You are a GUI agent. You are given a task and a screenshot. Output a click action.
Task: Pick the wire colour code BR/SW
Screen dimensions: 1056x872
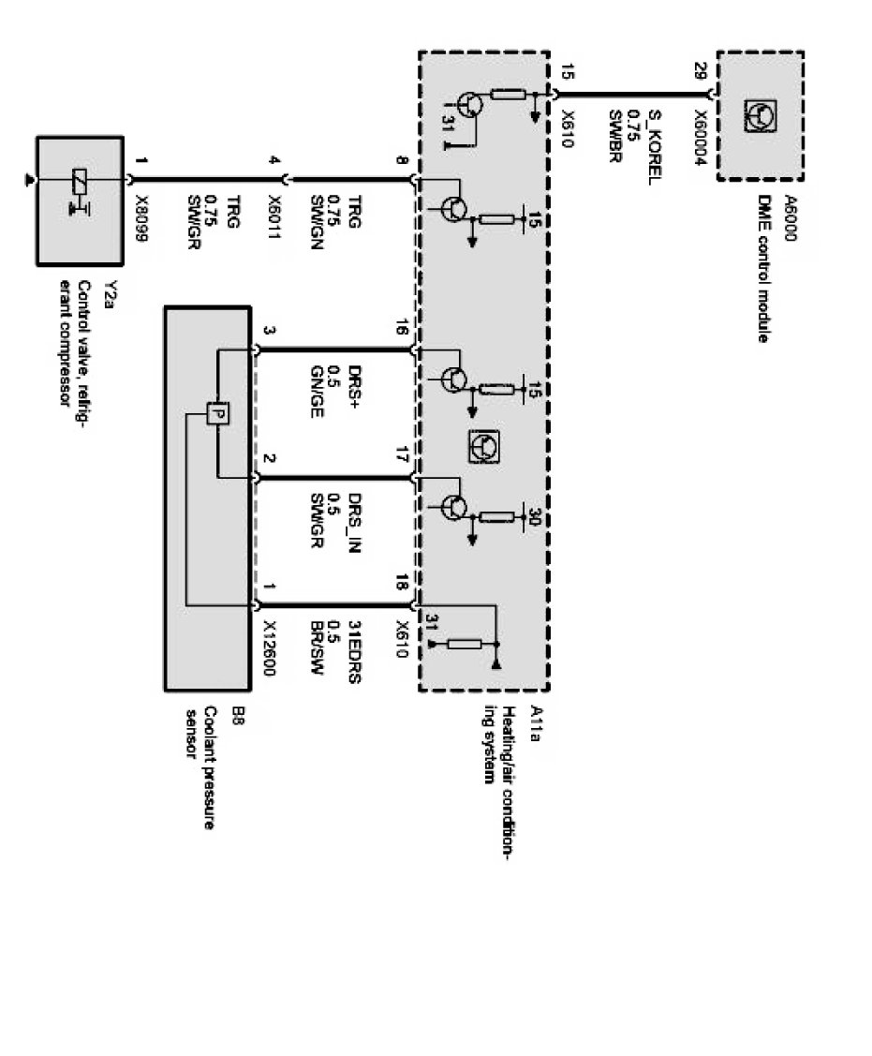click(x=316, y=646)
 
